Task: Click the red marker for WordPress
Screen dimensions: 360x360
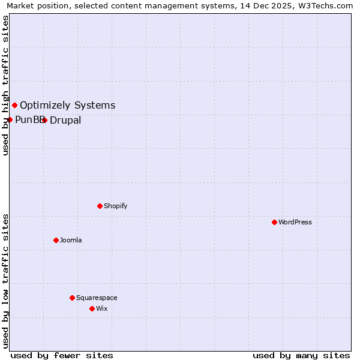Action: (274, 222)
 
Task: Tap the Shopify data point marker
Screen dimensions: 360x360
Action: (100, 206)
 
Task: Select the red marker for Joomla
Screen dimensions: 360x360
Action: (56, 240)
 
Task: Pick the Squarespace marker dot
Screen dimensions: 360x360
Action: (72, 298)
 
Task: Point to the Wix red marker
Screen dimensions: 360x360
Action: (92, 308)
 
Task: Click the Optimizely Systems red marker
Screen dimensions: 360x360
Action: (14, 106)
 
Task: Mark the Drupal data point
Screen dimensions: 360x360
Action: (44, 120)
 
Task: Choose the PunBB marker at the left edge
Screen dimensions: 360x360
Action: (10, 119)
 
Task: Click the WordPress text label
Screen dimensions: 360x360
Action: (295, 222)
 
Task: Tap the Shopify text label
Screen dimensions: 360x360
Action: (116, 206)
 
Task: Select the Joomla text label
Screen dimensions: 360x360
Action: (71, 240)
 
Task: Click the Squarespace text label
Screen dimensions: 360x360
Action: (97, 298)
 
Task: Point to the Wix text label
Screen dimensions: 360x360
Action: (102, 308)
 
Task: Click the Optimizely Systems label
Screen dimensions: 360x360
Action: (67, 106)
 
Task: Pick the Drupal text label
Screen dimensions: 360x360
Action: (65, 120)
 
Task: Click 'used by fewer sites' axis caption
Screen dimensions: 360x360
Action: (62, 355)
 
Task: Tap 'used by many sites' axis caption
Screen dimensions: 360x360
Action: (301, 355)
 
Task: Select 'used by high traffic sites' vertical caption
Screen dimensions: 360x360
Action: (5, 85)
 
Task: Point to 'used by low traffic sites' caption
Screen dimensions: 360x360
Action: (5, 280)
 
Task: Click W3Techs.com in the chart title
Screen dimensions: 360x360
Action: (324, 6)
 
